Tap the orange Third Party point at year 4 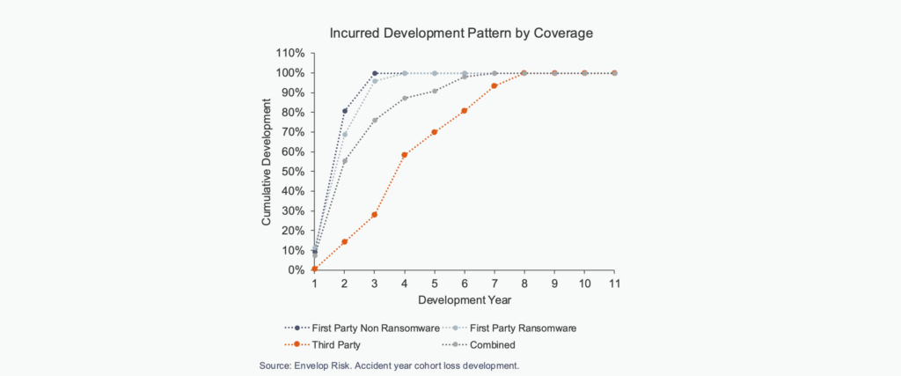pyautogui.click(x=405, y=155)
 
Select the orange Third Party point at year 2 pyautogui.click(x=345, y=242)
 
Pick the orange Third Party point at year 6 pyautogui.click(x=465, y=111)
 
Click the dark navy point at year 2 pyautogui.click(x=345, y=111)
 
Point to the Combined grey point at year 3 pyautogui.click(x=375, y=121)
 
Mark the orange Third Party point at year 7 pyautogui.click(x=494, y=85)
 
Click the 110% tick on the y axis pyautogui.click(x=292, y=53)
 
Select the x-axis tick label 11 pyautogui.click(x=614, y=284)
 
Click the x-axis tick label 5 pyautogui.click(x=435, y=284)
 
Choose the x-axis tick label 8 pyautogui.click(x=524, y=284)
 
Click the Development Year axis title pyautogui.click(x=464, y=300)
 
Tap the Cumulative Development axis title pyautogui.click(x=267, y=161)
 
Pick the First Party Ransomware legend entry pyautogui.click(x=519, y=328)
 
